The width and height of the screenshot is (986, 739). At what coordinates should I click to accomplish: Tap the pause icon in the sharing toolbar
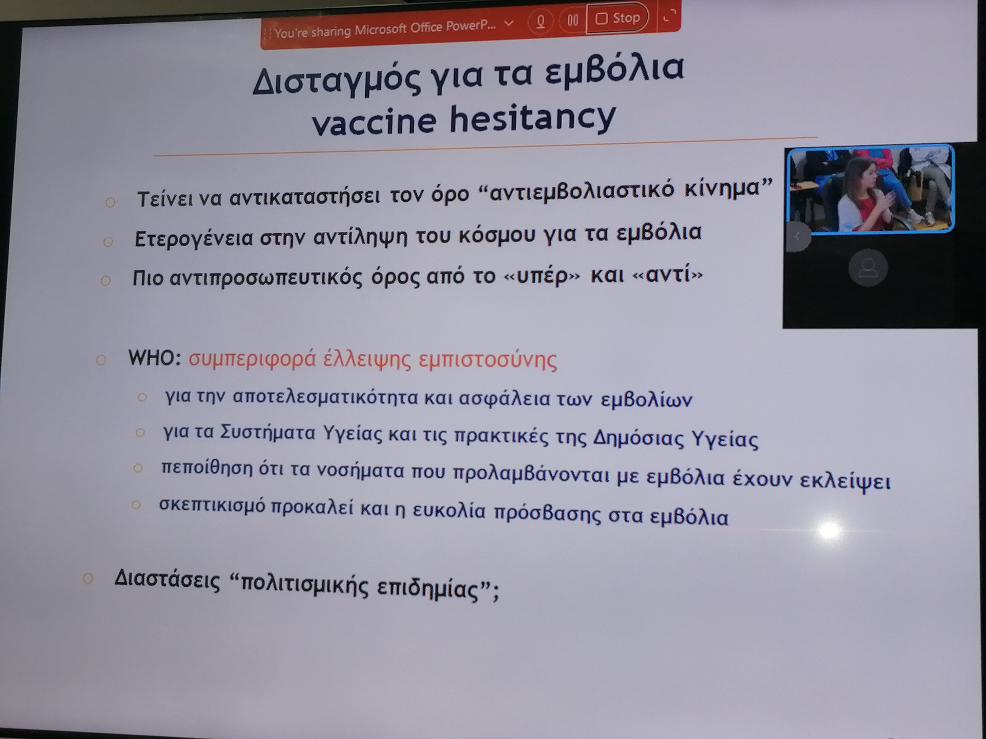coord(573,20)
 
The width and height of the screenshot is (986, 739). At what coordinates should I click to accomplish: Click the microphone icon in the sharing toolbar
coord(541,20)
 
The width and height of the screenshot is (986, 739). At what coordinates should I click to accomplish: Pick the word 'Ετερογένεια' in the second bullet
coord(194,238)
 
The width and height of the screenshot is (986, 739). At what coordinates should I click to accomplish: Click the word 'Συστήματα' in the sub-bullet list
coord(268,433)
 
